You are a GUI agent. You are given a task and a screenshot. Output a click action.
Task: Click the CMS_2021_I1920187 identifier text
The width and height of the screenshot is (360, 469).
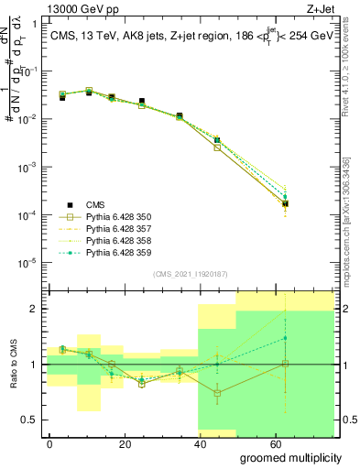pyautogui.click(x=190, y=273)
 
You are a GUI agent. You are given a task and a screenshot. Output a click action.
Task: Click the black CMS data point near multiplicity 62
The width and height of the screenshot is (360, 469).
pyautogui.click(x=286, y=203)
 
